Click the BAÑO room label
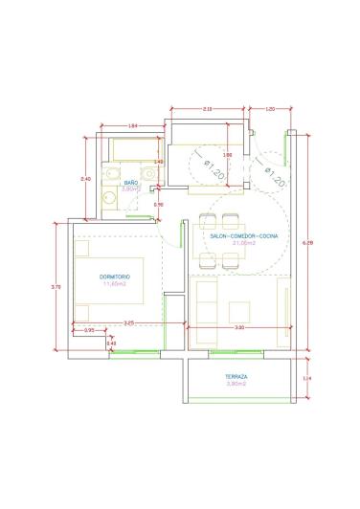[x=132, y=182]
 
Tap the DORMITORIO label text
[x=115, y=277]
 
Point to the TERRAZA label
[x=236, y=377]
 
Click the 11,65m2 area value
[x=115, y=283]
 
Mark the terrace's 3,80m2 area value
[x=236, y=384]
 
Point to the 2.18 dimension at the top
[x=208, y=109]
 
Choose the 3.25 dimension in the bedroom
[x=127, y=322]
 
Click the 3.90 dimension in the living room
[x=239, y=329]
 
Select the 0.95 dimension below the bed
[x=89, y=330]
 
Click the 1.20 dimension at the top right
[x=270, y=109]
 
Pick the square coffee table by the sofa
[x=239, y=309]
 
